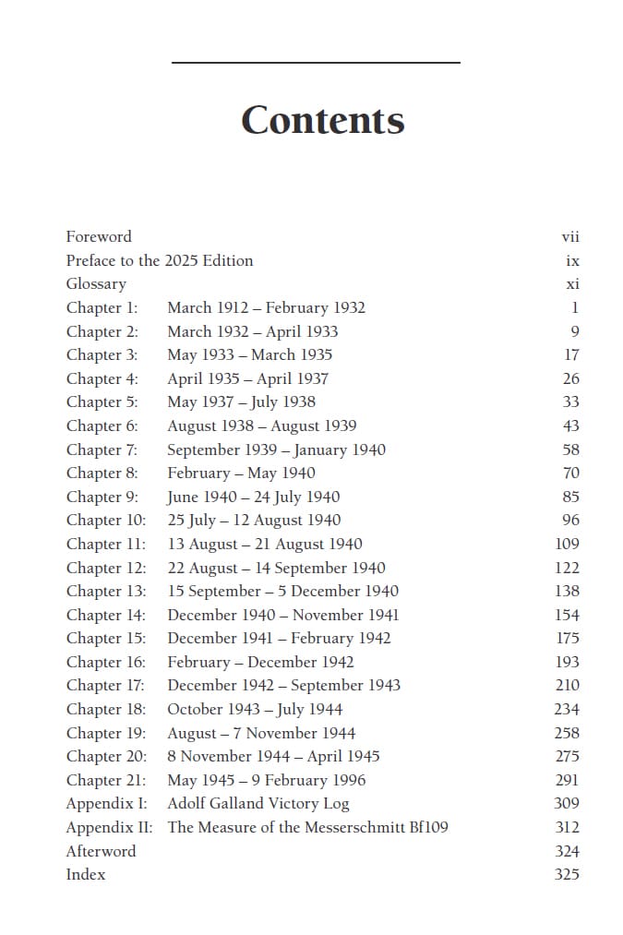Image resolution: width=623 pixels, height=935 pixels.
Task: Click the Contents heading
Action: pyautogui.click(x=322, y=121)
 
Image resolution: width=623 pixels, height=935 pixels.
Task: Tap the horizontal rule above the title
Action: pyautogui.click(x=316, y=63)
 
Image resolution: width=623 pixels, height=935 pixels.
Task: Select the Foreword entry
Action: pyautogui.click(x=99, y=236)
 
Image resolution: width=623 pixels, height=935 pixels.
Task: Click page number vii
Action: pyautogui.click(x=570, y=237)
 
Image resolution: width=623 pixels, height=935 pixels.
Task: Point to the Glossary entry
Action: pyautogui.click(x=96, y=284)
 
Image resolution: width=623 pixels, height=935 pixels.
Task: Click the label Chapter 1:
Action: pyautogui.click(x=102, y=307)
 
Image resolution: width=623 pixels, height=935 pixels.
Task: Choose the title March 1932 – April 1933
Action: pyautogui.click(x=252, y=331)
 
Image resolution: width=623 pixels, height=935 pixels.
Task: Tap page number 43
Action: pyautogui.click(x=570, y=426)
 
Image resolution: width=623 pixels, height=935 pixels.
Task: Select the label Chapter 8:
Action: pyautogui.click(x=102, y=473)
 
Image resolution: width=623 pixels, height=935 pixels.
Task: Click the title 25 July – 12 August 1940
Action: pyautogui.click(x=254, y=520)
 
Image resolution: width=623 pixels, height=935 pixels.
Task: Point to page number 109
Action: pyautogui.click(x=567, y=544)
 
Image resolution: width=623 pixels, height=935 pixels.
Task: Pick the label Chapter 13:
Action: pyautogui.click(x=106, y=591)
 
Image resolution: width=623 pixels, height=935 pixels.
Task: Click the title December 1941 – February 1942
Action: pyautogui.click(x=279, y=638)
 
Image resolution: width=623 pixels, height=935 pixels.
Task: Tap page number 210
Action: pyautogui.click(x=567, y=685)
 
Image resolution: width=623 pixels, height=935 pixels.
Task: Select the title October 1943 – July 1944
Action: pyautogui.click(x=255, y=709)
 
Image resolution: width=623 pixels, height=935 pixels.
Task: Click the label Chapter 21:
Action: pyautogui.click(x=106, y=780)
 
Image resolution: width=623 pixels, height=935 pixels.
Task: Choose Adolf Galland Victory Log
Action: pyautogui.click(x=258, y=803)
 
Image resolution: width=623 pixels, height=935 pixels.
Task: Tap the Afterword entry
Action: pyautogui.click(x=101, y=851)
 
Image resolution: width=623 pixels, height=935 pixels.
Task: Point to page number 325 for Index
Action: pyautogui.click(x=567, y=874)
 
